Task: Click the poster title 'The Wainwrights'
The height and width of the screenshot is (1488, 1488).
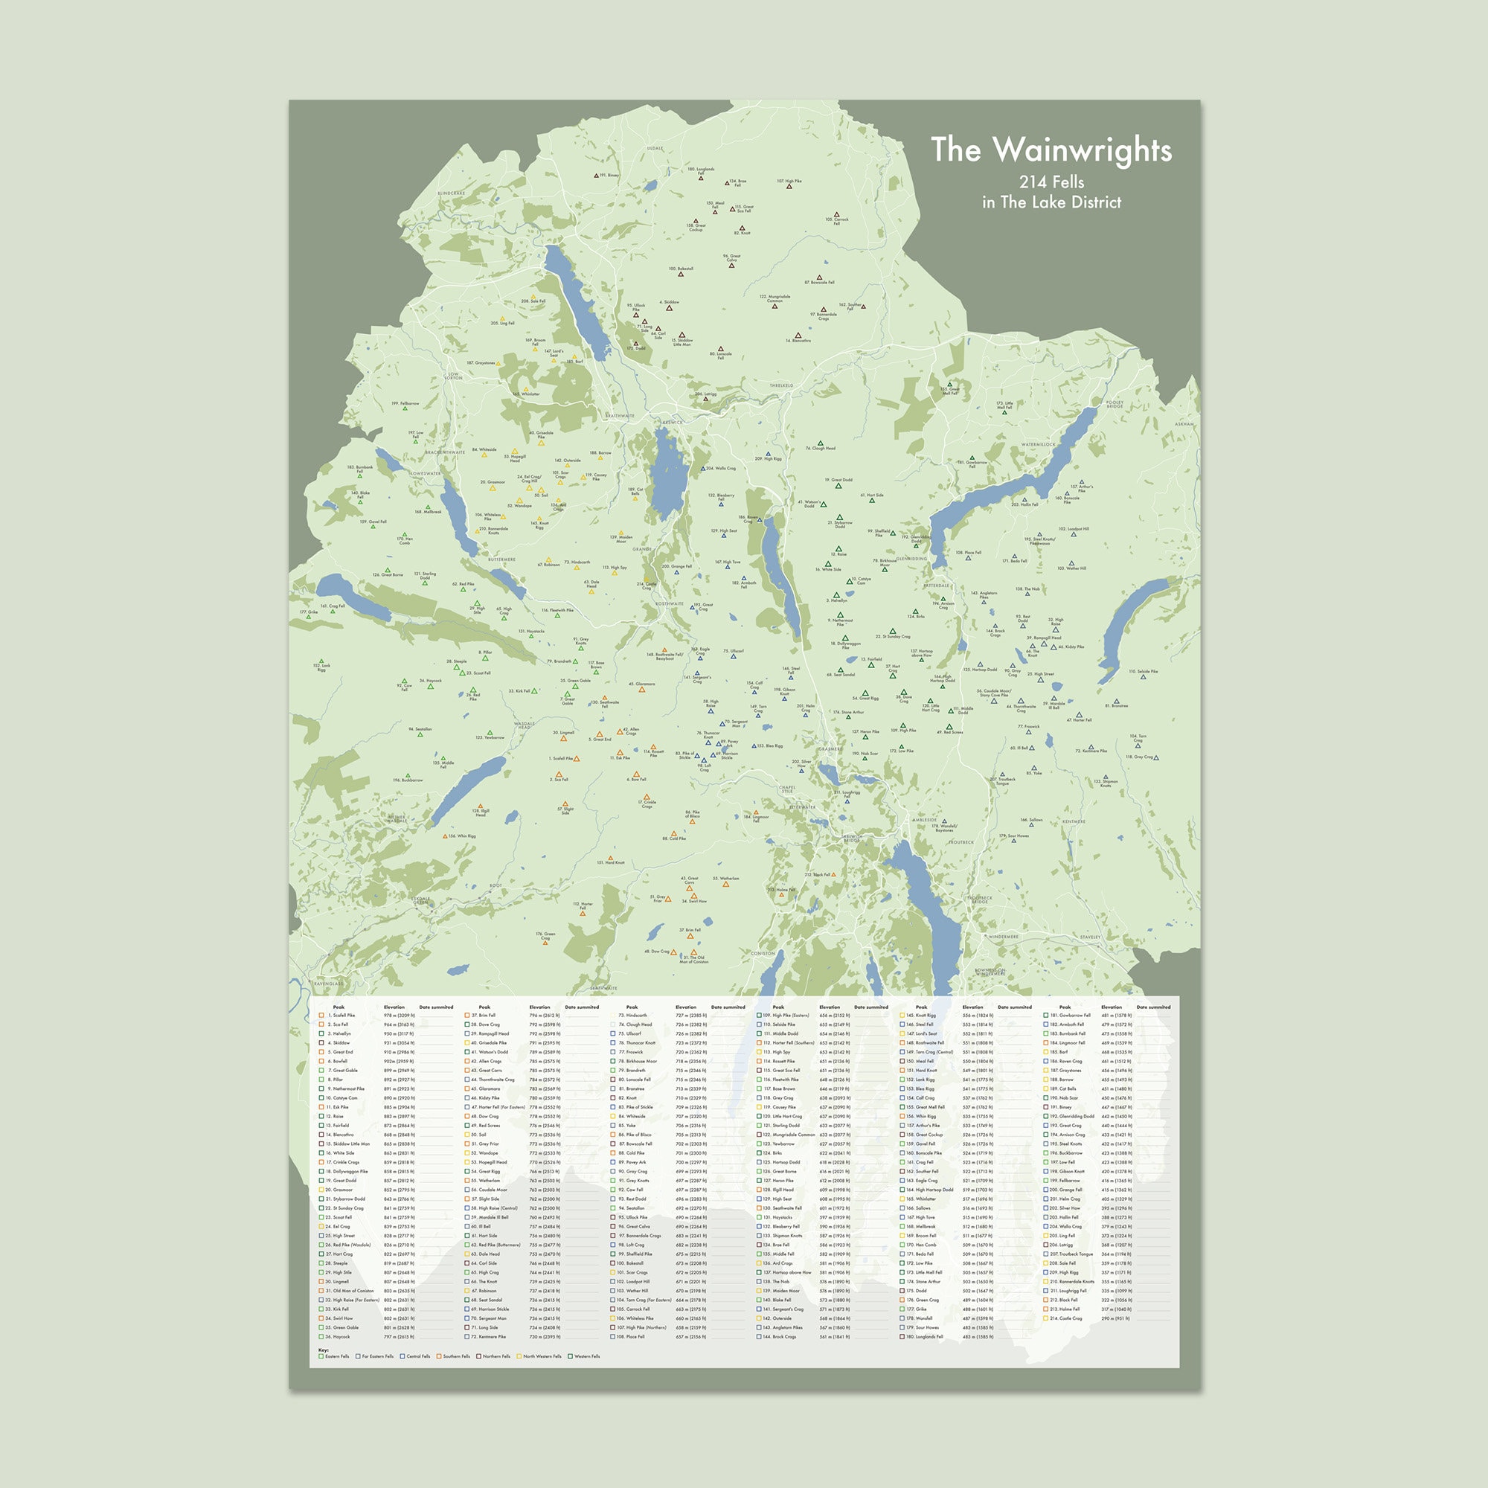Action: click(x=1051, y=150)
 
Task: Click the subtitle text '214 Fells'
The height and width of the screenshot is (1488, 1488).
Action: click(x=1051, y=182)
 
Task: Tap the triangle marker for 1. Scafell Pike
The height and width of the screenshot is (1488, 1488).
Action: click(x=577, y=759)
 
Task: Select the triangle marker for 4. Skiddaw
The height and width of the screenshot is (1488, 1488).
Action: click(x=669, y=308)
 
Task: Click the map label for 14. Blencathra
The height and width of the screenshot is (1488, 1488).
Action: click(x=798, y=341)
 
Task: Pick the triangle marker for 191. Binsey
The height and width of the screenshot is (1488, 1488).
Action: click(x=596, y=176)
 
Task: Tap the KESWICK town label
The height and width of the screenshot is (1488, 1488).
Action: click(x=672, y=422)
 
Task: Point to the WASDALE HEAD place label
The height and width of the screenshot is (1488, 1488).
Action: click(x=524, y=725)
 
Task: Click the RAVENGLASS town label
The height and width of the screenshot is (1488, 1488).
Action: click(x=329, y=984)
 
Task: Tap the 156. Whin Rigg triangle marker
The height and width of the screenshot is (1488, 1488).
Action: click(x=444, y=836)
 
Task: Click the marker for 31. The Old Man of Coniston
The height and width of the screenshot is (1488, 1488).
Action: click(x=694, y=952)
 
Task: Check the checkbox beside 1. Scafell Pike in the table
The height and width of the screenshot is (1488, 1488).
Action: click(x=321, y=1015)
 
